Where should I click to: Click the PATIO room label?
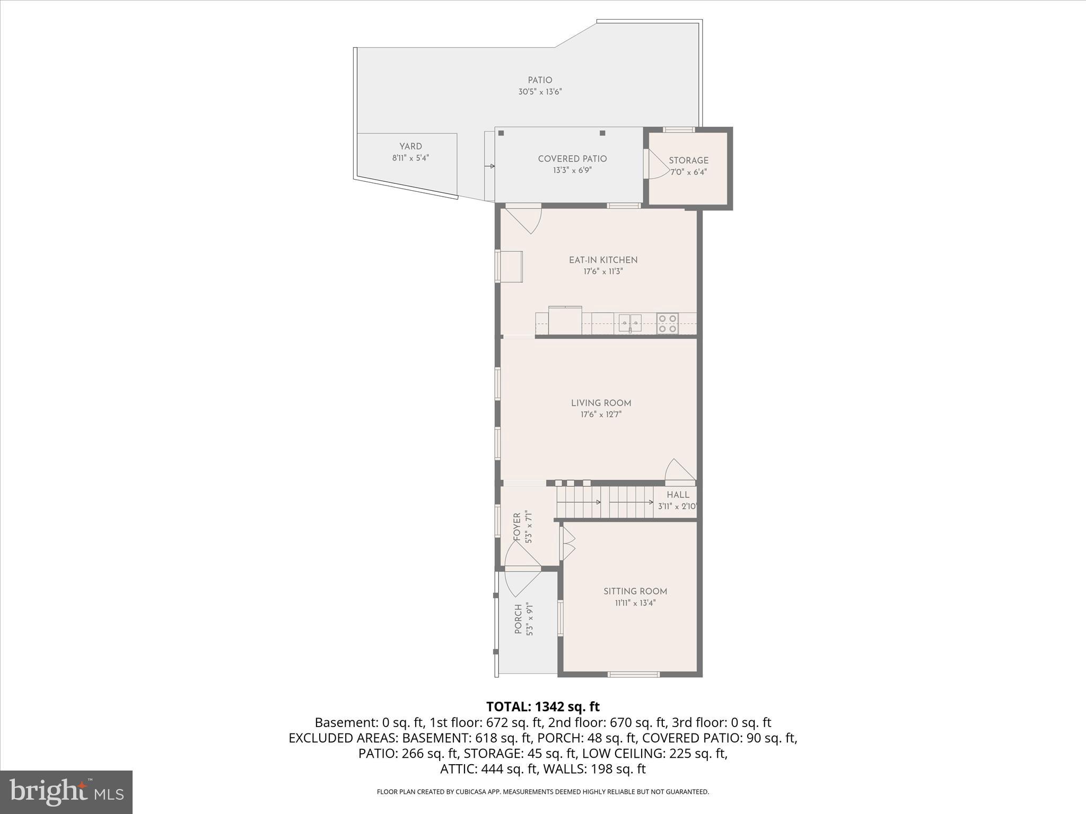coord(540,80)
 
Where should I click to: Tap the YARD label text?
coord(410,146)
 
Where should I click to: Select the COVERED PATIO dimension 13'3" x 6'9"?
coord(572,171)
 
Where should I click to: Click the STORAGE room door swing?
coord(658,165)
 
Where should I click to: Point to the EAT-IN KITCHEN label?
coord(603,260)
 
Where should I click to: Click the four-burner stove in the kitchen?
coord(667,323)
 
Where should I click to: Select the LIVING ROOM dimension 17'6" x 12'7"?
coord(601,414)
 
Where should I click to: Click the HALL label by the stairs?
coord(678,495)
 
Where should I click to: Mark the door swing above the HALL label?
coord(679,471)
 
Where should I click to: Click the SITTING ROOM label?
coord(635,591)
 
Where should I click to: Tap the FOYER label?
coord(517,526)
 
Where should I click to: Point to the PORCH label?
coord(519,620)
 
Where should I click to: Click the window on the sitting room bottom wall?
coord(633,674)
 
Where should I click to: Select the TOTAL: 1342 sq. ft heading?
coord(542,706)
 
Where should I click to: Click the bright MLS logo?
coord(66,792)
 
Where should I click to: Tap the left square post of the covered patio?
coord(501,134)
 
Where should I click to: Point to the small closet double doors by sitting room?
coord(568,543)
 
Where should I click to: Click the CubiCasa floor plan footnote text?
coord(542,792)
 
